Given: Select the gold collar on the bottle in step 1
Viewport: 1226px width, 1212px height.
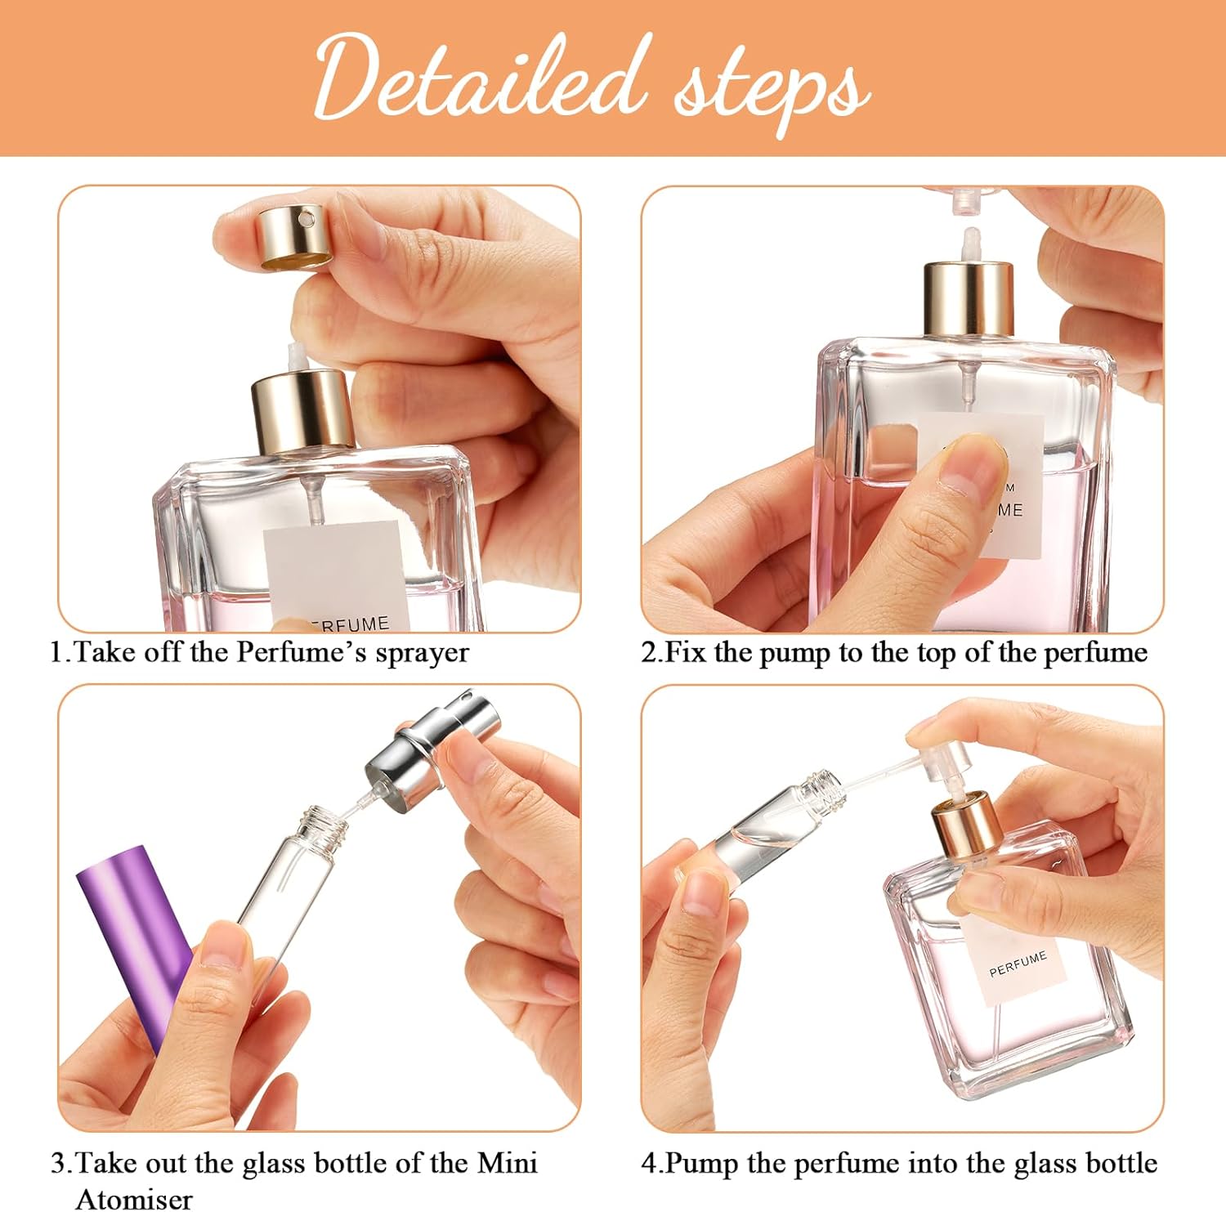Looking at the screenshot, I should tap(302, 409).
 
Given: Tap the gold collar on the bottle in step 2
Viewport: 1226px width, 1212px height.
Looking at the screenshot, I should tap(969, 297).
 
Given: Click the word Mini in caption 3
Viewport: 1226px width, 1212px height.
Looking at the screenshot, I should tap(508, 1162).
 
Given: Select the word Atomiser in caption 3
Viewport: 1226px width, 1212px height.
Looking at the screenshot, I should tap(134, 1199).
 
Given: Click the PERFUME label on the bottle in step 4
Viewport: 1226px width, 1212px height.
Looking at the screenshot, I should tap(1017, 963).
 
